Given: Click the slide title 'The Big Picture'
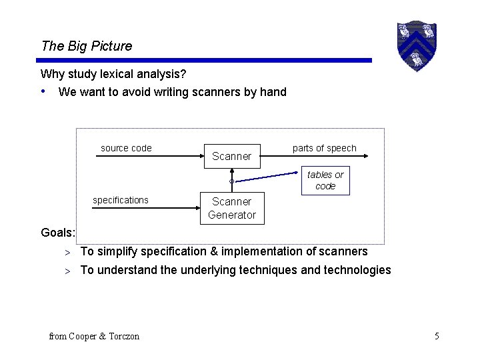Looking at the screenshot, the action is pyautogui.click(x=87, y=46).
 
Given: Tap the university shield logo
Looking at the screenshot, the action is pyautogui.click(x=416, y=45).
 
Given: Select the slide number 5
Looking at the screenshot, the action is pyautogui.click(x=437, y=336).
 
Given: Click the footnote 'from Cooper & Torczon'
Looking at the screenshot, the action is pyautogui.click(x=94, y=336).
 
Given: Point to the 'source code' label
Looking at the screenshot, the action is pyautogui.click(x=126, y=148).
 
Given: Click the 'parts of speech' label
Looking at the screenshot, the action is pyautogui.click(x=324, y=148).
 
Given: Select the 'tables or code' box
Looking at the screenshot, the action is pyautogui.click(x=325, y=180).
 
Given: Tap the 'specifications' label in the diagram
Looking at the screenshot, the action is pyautogui.click(x=121, y=200).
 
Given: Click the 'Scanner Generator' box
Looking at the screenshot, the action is pyautogui.click(x=232, y=208).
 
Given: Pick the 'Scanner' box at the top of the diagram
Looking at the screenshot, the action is pyautogui.click(x=231, y=156).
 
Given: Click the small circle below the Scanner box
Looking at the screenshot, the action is pyautogui.click(x=231, y=181).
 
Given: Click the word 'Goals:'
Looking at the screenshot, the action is pyautogui.click(x=58, y=233).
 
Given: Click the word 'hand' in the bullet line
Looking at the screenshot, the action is pyautogui.click(x=273, y=92).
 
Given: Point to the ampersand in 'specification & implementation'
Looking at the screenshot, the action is pyautogui.click(x=215, y=251).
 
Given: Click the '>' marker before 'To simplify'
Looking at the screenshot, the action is pyautogui.click(x=67, y=252).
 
